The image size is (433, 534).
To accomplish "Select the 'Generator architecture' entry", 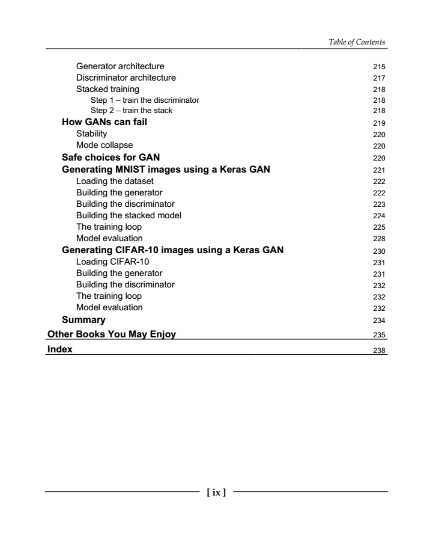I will (x=120, y=66).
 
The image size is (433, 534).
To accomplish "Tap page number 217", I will (x=378, y=78).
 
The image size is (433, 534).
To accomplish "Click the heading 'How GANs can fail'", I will (x=105, y=122).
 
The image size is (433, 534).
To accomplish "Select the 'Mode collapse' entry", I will (x=104, y=145).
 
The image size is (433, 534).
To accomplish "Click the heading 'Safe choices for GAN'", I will (x=111, y=158).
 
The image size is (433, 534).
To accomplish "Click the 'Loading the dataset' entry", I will (x=115, y=181).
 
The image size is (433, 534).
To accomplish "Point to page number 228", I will (x=378, y=239).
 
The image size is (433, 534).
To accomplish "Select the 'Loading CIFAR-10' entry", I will (x=109, y=262).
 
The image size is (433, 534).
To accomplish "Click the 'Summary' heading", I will (x=84, y=319).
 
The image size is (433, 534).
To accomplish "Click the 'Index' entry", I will (x=60, y=349).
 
